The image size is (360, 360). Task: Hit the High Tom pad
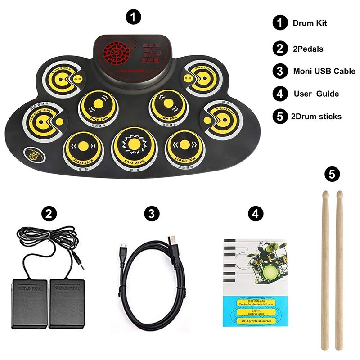[98, 107]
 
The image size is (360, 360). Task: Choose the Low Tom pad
[167, 105]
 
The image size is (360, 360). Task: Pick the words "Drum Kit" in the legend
[310, 23]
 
